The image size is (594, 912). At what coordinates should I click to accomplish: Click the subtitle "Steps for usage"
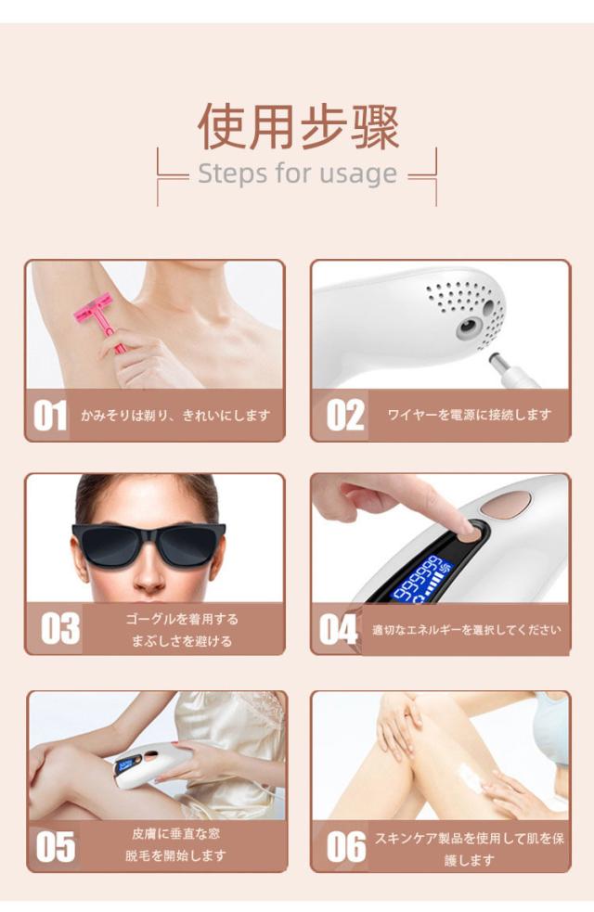[297, 173]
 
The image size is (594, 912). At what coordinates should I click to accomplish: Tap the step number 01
[51, 416]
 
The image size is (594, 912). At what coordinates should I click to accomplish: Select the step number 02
[345, 416]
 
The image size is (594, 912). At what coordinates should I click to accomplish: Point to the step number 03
[59, 629]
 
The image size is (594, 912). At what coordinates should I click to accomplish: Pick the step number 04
[338, 630]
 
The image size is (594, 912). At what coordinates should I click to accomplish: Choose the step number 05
[55, 846]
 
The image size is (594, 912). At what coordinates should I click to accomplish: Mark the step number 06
[345, 846]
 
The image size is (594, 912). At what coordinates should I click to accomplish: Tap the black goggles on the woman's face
[148, 542]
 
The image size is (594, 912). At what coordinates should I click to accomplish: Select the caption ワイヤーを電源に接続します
[470, 415]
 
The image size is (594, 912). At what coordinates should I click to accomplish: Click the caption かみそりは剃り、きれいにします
[175, 415]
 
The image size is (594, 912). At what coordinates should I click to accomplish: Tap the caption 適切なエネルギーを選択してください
[466, 630]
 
